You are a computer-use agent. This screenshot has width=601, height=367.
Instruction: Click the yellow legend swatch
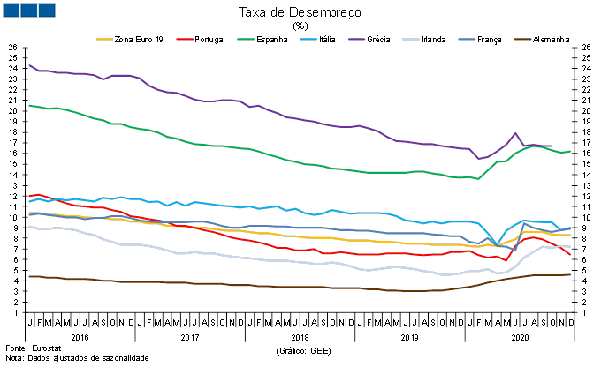click(104, 39)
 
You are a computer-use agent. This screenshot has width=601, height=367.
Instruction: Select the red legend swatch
click(185, 39)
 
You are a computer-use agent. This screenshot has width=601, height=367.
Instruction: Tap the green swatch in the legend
click(246, 39)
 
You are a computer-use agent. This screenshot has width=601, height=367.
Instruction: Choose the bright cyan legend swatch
click(308, 39)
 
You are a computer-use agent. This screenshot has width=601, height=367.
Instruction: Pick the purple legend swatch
click(356, 39)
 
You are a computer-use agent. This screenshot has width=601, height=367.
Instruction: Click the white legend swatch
click(411, 39)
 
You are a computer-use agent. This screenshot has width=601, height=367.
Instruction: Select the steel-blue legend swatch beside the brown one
click(467, 39)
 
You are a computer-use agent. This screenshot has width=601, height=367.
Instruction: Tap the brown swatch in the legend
click(522, 39)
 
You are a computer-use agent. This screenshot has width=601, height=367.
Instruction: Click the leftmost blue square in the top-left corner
click(11, 10)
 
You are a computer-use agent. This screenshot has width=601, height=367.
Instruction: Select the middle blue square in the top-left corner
click(28, 10)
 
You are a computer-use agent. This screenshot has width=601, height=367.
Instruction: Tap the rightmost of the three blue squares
click(46, 10)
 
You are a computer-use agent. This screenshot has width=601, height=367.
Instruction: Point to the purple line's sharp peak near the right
click(515, 133)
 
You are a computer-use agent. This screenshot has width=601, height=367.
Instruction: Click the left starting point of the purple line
click(28, 64)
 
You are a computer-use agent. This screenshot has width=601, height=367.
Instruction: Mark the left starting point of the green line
click(28, 106)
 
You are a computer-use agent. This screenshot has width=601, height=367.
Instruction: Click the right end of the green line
click(570, 152)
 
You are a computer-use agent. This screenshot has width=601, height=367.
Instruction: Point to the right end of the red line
click(570, 255)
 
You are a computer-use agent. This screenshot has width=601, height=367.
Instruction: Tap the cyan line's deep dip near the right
click(496, 244)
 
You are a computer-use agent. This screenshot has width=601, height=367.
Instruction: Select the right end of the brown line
click(570, 274)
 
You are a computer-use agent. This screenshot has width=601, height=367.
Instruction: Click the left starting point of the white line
click(28, 226)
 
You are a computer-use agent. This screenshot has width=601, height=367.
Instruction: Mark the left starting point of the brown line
click(28, 276)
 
